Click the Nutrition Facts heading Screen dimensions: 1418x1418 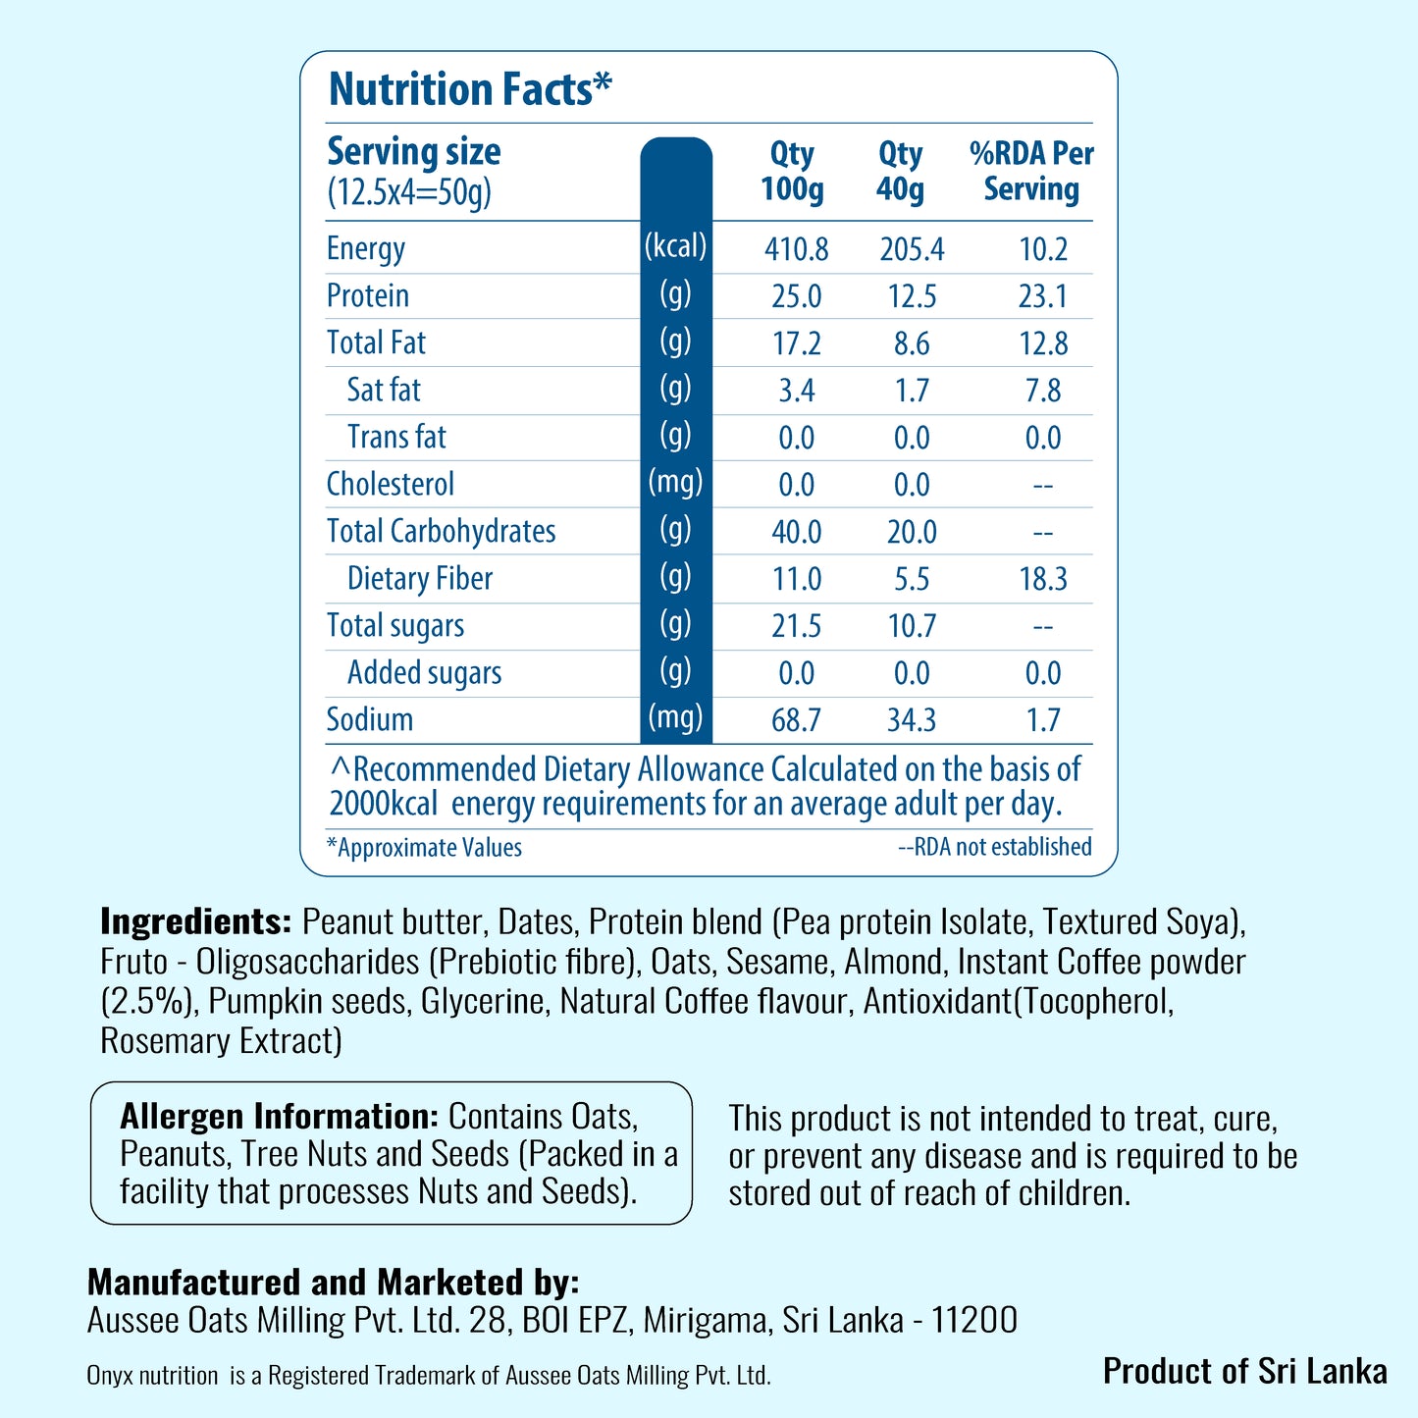coord(469,89)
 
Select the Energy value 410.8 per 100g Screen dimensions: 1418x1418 coord(796,249)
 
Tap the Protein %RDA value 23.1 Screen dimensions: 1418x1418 coord(1043,296)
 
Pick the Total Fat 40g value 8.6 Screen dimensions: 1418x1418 coord(912,343)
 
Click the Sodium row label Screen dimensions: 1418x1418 coord(369,719)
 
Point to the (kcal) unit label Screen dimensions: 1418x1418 coord(675,245)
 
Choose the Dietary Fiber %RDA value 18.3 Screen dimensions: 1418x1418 coord(1043,579)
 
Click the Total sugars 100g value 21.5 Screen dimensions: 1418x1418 coord(796,626)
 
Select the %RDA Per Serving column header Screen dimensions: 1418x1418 coord(1031,171)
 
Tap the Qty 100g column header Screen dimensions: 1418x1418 coord(792,171)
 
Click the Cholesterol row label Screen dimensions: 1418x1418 coord(390,484)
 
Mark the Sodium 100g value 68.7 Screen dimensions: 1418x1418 coord(796,720)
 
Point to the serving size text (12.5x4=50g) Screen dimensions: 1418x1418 coord(409,193)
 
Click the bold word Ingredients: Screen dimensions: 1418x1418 coord(195,921)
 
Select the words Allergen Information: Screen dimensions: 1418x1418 coord(279,1117)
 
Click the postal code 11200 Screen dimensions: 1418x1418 coord(975,1320)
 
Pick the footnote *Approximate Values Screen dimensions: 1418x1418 coord(425,848)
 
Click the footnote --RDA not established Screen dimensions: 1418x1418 coord(995,847)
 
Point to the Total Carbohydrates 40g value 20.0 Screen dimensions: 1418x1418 coord(912,532)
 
